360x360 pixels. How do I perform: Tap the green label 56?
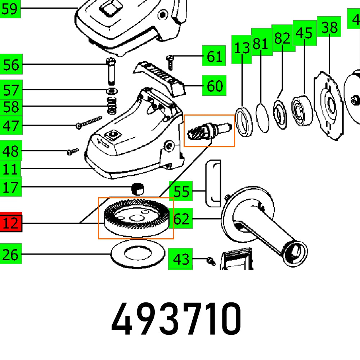[11, 65]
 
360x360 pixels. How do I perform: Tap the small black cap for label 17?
[137, 188]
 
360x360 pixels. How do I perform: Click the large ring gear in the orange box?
[136, 218]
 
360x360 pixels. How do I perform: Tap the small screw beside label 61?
[170, 62]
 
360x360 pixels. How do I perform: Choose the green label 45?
[304, 33]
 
